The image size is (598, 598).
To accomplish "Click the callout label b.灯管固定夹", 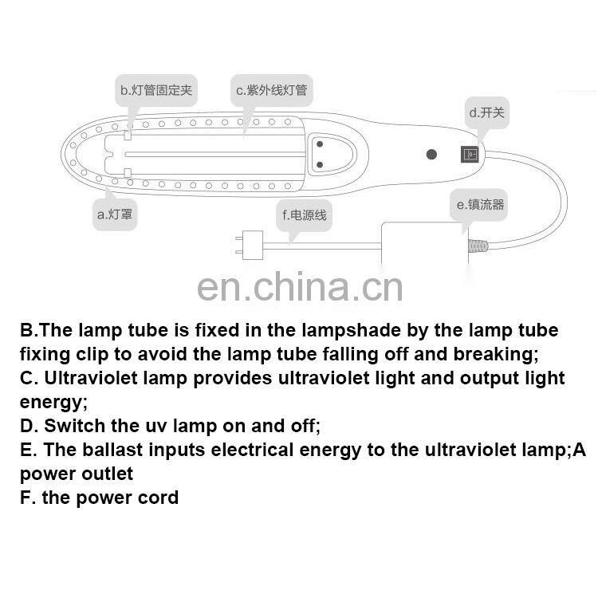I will click(x=156, y=90).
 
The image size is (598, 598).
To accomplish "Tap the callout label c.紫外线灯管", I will click(x=271, y=90).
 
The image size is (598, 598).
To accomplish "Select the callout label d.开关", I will click(x=486, y=112).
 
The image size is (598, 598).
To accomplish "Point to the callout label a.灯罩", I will click(x=114, y=214).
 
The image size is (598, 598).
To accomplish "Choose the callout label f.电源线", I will click(x=304, y=214).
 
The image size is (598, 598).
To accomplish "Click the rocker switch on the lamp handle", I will click(x=470, y=154).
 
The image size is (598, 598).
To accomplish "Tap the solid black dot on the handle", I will click(x=431, y=154).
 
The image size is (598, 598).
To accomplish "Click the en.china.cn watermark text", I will click(x=300, y=286).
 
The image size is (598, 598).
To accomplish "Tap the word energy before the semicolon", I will click(x=49, y=402).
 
